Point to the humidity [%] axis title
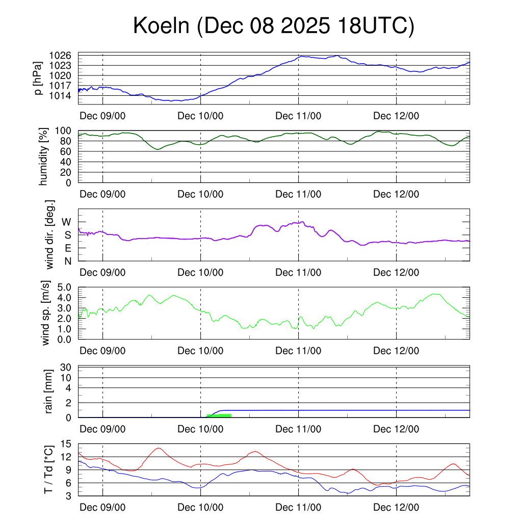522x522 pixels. tap(44, 156)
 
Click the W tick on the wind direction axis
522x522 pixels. tap(67, 222)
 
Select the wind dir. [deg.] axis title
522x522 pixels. tap(49, 234)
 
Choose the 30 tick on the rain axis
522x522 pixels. tap(66, 367)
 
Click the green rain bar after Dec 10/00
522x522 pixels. tap(219, 415)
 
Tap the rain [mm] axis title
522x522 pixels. tap(49, 390)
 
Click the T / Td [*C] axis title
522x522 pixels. tap(49, 469)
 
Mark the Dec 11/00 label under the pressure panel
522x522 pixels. tap(298, 116)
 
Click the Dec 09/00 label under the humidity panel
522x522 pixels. tap(102, 194)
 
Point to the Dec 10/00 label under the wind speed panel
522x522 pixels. tap(200, 351)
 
